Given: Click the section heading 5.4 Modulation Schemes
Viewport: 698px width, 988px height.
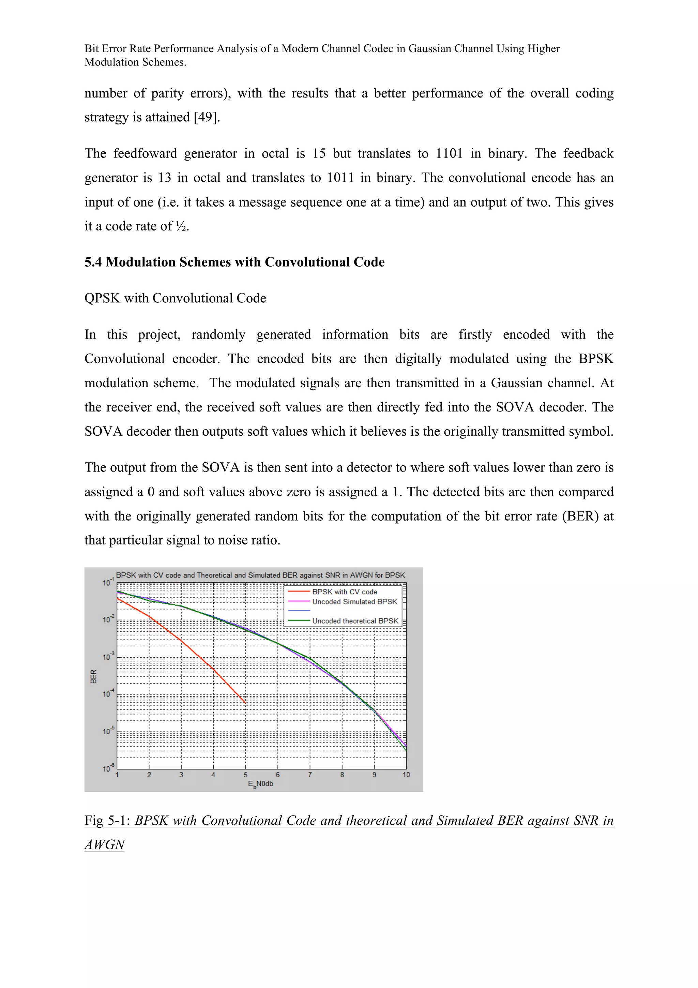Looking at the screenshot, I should (234, 262).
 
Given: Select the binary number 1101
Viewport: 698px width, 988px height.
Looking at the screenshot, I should (449, 154).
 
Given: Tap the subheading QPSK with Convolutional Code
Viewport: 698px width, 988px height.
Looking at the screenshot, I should (175, 298).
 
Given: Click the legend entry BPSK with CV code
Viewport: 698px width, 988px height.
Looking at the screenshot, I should (345, 592).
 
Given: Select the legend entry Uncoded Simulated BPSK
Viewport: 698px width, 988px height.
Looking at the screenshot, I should (354, 602).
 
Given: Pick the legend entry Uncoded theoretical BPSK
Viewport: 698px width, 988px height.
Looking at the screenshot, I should (355, 620).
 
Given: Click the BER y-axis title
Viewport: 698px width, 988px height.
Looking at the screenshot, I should (94, 676).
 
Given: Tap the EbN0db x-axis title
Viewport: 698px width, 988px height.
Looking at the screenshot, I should (260, 784).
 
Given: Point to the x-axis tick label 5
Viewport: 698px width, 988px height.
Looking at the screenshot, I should (246, 775).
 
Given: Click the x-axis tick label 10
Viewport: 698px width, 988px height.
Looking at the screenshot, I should (406, 775).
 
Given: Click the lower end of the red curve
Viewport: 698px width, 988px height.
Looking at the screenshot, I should (245, 703).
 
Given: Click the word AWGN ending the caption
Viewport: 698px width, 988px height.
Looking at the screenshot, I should (105, 845).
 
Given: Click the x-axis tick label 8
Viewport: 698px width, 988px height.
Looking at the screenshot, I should (342, 775).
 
